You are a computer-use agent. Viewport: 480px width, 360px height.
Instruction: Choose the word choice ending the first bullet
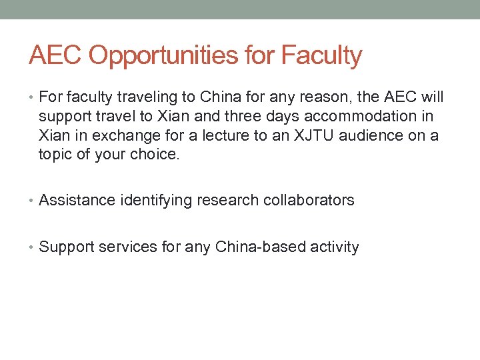(x=158, y=155)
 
